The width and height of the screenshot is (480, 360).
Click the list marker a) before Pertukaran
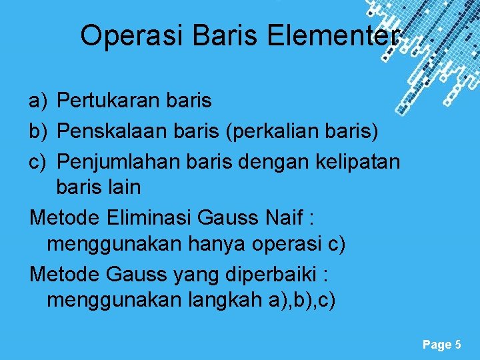pyautogui.click(x=37, y=101)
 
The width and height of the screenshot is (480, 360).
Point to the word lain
pyautogui.click(x=124, y=187)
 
